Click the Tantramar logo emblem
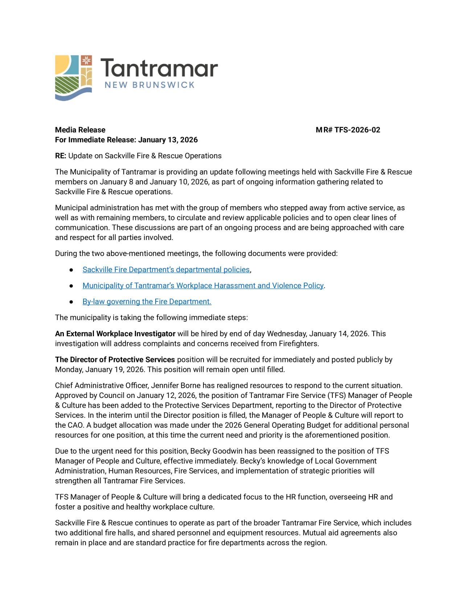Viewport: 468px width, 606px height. coord(73,78)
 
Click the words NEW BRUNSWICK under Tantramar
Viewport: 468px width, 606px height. coord(149,85)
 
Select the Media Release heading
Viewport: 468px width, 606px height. coord(80,130)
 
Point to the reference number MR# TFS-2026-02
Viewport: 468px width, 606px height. coord(348,130)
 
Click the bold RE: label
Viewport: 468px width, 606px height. coord(61,156)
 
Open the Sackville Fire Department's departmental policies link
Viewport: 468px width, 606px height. coord(166,269)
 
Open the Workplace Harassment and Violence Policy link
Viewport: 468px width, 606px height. coord(203,285)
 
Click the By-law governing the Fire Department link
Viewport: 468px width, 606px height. coord(147,301)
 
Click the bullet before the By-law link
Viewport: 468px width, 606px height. coord(71,302)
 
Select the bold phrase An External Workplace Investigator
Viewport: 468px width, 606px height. coord(115,334)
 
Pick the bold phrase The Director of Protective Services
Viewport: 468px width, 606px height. coord(115,359)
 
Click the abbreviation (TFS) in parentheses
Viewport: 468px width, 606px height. coord(337,395)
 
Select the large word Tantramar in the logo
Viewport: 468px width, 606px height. coord(159,68)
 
